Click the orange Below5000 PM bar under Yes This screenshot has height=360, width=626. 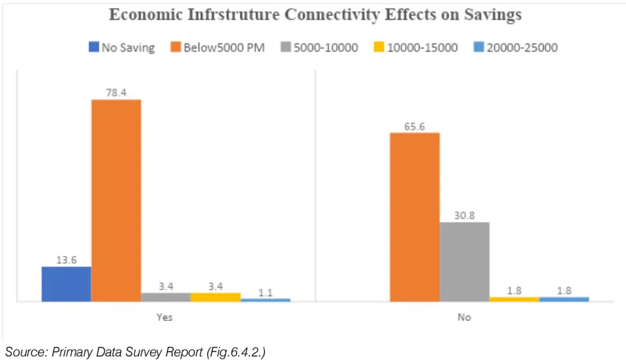coord(116,200)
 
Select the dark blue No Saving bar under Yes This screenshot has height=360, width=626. coord(67,284)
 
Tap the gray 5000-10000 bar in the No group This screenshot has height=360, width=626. coord(464,262)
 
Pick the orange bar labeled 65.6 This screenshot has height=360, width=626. coord(415,217)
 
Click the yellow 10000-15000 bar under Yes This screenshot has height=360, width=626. coord(216,297)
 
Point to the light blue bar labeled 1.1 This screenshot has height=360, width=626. coord(265,300)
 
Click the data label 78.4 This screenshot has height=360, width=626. coord(116,93)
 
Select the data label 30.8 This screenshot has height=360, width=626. coord(464,215)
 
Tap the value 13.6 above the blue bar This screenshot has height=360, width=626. coord(67,260)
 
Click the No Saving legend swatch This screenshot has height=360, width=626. coord(93,47)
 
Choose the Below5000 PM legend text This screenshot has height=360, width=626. coord(224,48)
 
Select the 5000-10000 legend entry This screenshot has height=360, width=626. coord(320,48)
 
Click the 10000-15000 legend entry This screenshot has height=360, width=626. coord(415,48)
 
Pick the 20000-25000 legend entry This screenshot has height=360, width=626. coord(515,48)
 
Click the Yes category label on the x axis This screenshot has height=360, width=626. coord(164,317)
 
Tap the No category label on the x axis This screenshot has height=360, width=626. coord(464,317)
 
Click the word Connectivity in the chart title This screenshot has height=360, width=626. coord(331,15)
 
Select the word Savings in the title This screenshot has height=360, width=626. coord(493,15)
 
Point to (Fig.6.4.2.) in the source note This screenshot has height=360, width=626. coord(236,352)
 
